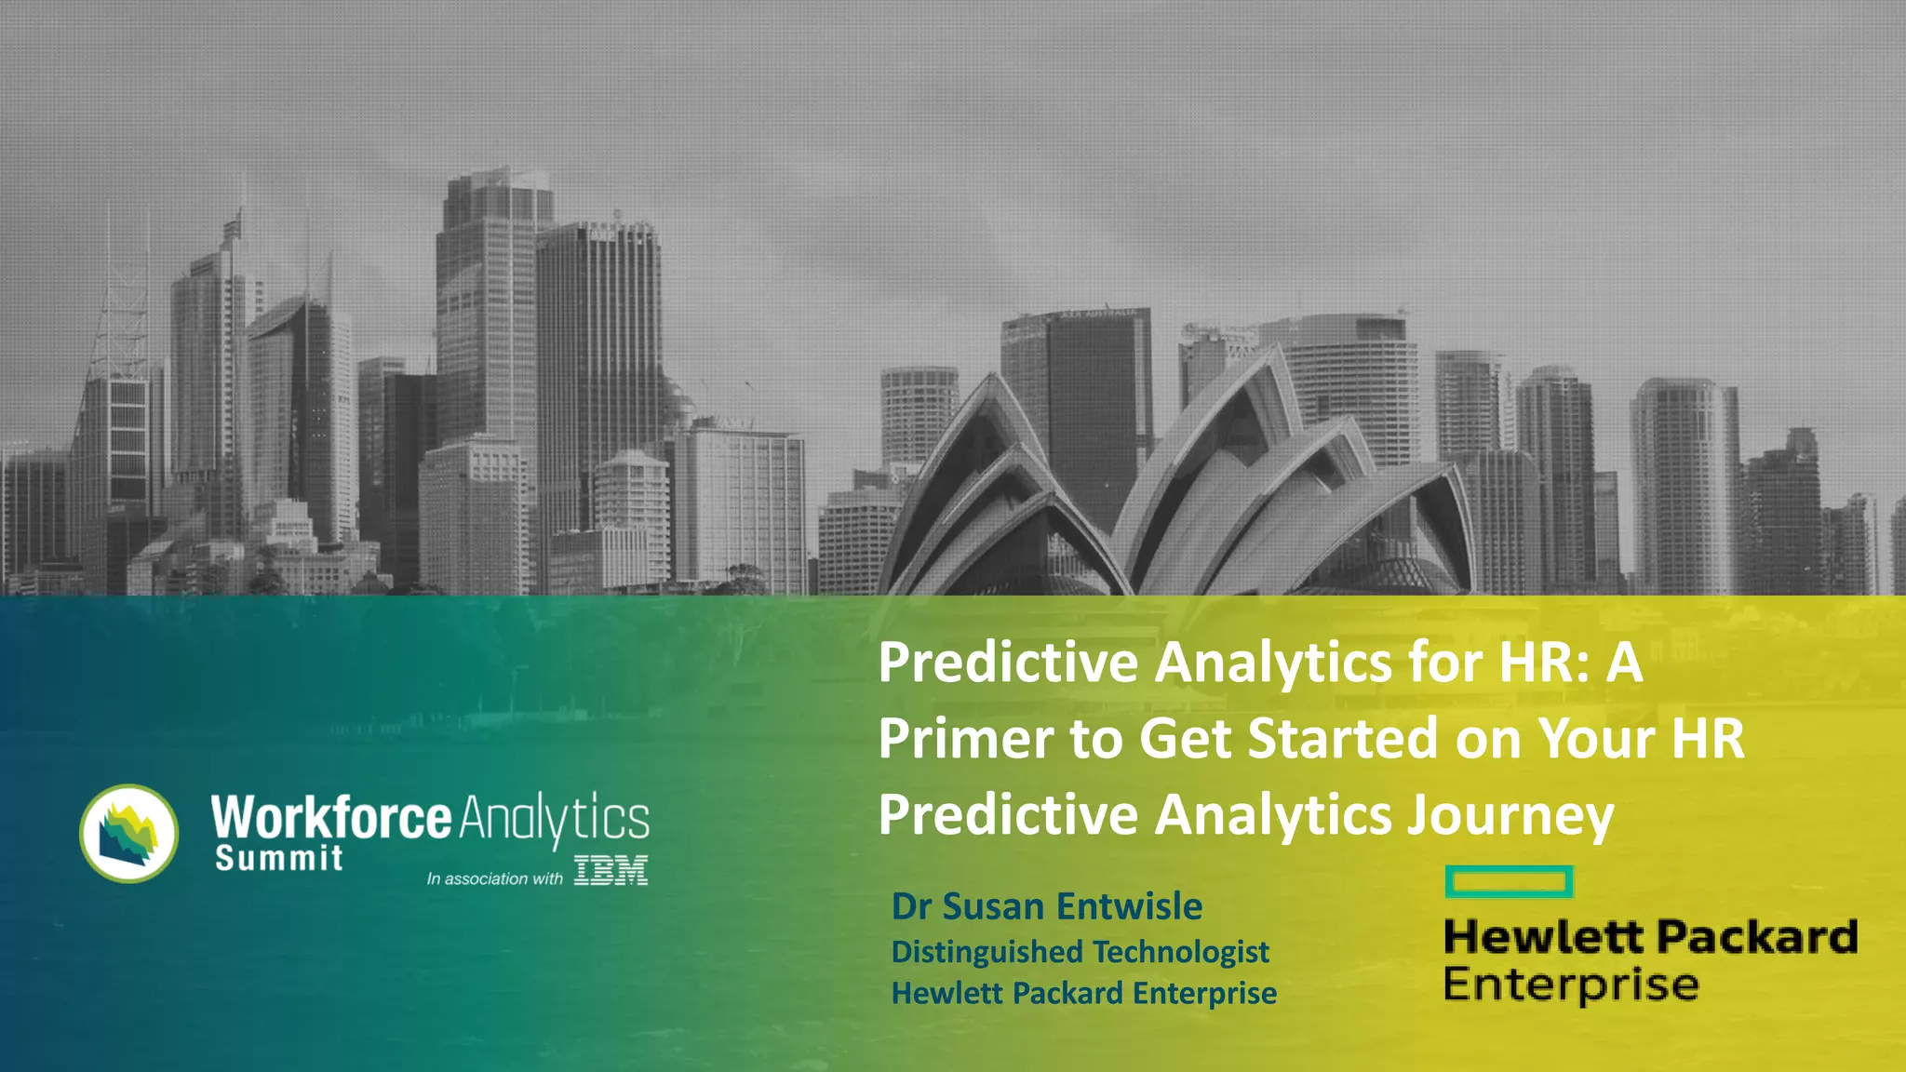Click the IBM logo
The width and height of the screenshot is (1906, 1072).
(611, 871)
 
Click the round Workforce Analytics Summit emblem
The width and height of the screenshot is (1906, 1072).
(128, 833)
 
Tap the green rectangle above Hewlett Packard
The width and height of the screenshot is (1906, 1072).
(1509, 881)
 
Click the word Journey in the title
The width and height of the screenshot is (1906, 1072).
(1510, 815)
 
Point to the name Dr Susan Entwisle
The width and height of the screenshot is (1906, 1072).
(1046, 905)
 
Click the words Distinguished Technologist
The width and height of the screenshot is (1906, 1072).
(1080, 951)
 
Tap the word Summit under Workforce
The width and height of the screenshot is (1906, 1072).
(278, 858)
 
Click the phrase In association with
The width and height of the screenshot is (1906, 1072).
(494, 878)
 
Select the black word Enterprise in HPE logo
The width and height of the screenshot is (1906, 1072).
(1571, 985)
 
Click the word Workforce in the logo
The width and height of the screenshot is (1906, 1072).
(331, 817)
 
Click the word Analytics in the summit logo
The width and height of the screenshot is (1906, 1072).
(554, 819)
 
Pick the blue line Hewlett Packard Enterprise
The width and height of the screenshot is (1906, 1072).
(1083, 993)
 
